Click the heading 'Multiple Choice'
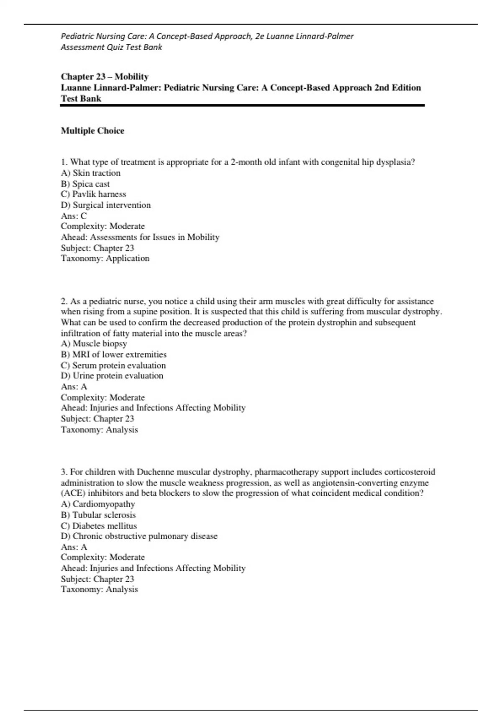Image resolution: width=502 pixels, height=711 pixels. pos(92,131)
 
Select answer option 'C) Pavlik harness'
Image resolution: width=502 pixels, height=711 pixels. pos(93,194)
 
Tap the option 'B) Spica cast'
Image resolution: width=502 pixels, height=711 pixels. pos(85,184)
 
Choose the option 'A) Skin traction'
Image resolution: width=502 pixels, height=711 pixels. pos(91,173)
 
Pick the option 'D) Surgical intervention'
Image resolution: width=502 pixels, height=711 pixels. pos(106,205)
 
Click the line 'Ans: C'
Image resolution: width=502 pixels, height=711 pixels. pos(74,216)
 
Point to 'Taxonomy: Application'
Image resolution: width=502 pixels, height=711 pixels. pos(105,258)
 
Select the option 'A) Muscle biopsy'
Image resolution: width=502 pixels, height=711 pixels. pos(94,344)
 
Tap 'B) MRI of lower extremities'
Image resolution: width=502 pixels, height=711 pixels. pos(114,354)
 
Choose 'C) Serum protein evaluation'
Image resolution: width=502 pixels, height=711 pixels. pos(113,365)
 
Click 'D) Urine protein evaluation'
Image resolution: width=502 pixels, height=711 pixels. pos(112,376)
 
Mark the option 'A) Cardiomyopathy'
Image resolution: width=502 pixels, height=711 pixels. pos(98,504)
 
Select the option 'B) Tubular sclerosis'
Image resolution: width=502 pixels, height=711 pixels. pos(98,515)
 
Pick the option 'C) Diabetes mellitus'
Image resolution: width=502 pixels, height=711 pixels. pos(99,526)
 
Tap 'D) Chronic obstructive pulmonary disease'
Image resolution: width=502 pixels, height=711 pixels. pos(139,536)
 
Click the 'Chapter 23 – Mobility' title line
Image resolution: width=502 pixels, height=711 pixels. pos(105,77)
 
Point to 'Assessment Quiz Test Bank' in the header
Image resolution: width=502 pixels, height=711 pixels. pos(111,47)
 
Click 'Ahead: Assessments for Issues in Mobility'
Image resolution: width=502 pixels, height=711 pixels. pos(140,237)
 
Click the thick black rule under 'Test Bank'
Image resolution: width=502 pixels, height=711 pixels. pos(243,106)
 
